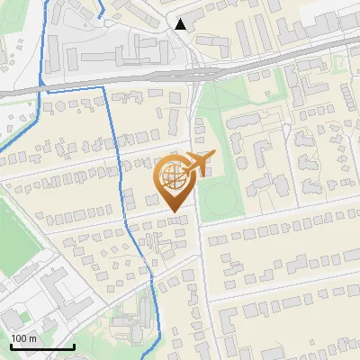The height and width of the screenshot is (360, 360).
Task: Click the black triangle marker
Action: click(182, 24)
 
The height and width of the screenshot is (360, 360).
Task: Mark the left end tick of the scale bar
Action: click(10, 346)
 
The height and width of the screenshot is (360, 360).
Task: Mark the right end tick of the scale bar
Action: click(74, 346)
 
